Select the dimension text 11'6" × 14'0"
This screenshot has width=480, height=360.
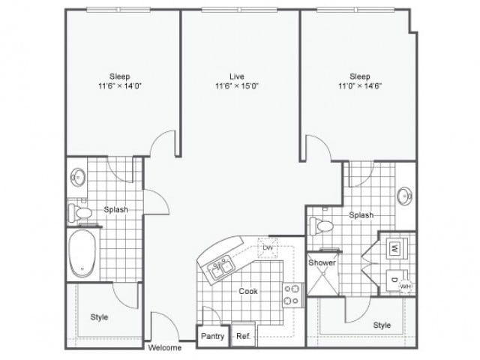[x=121, y=86]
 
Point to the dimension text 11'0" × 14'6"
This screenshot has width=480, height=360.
[x=360, y=86]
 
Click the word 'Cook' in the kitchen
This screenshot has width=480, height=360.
[x=248, y=290]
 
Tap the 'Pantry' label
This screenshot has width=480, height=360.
[x=212, y=337]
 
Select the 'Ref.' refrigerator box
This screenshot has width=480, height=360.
[x=242, y=337]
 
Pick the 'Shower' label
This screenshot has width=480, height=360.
[x=321, y=263]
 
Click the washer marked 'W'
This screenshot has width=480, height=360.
[x=394, y=247]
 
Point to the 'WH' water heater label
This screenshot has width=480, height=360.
[x=405, y=286]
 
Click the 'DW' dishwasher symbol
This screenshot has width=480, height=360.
[x=266, y=248]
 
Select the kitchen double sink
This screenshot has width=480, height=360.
[x=220, y=268]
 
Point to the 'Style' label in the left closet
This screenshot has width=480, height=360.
[x=99, y=317]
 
